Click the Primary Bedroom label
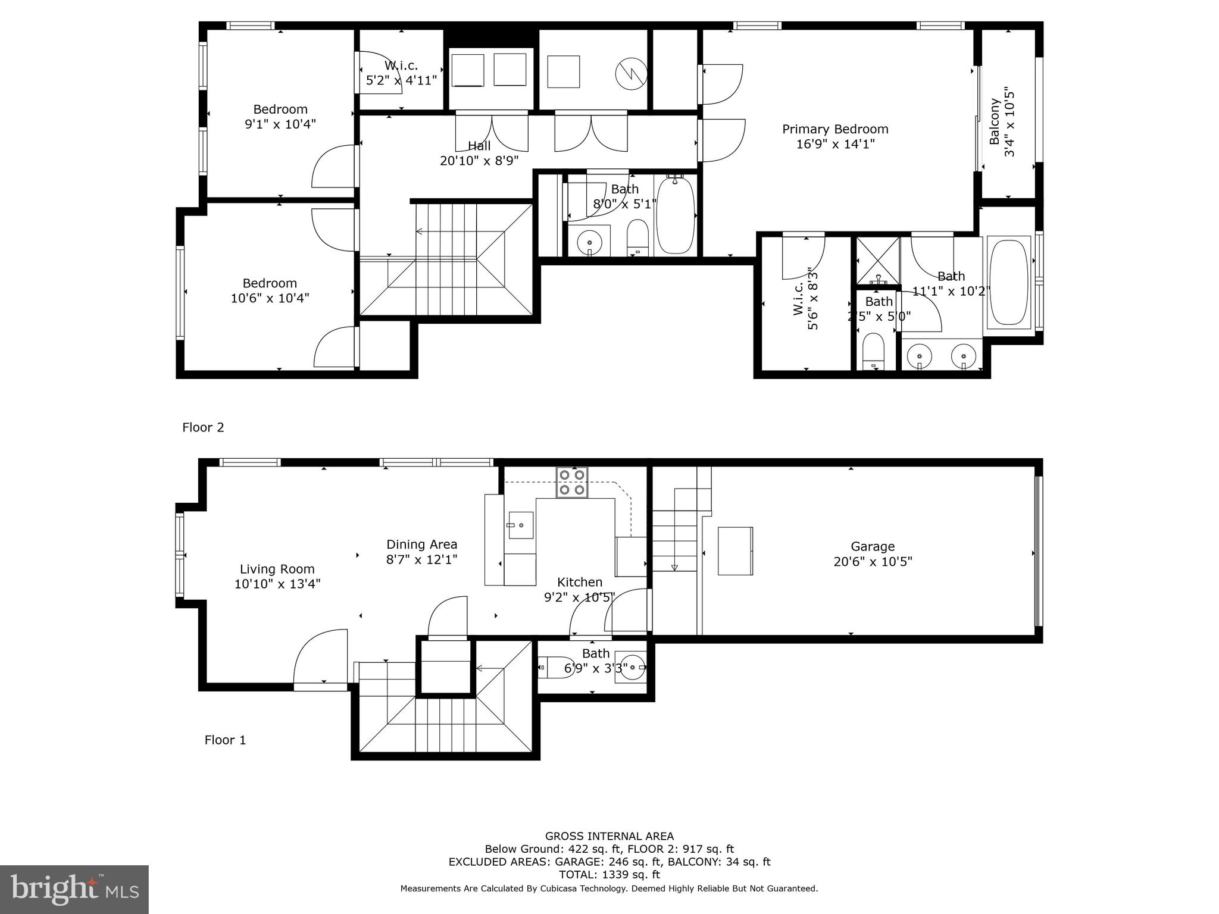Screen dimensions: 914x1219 point(835,136)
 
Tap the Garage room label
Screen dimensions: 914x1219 point(873,553)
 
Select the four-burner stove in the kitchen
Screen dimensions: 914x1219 point(572,483)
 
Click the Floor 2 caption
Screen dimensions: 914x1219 point(203,427)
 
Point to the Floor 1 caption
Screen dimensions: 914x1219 point(225,740)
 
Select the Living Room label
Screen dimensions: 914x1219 point(277,576)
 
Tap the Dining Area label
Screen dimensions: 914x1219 point(421,552)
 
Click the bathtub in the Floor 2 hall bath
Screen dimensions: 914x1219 point(675,215)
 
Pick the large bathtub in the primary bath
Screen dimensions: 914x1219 point(1008,282)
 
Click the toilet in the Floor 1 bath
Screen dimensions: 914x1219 point(551,668)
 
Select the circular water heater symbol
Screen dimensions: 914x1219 point(631,74)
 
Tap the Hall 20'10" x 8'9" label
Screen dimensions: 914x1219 point(479,153)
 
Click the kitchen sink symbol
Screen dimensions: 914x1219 point(521,525)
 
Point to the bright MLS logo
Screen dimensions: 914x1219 point(74,890)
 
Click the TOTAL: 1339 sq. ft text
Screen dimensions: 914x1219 point(609,875)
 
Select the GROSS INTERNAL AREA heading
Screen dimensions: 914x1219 point(609,836)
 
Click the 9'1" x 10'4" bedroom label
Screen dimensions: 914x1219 point(280,117)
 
